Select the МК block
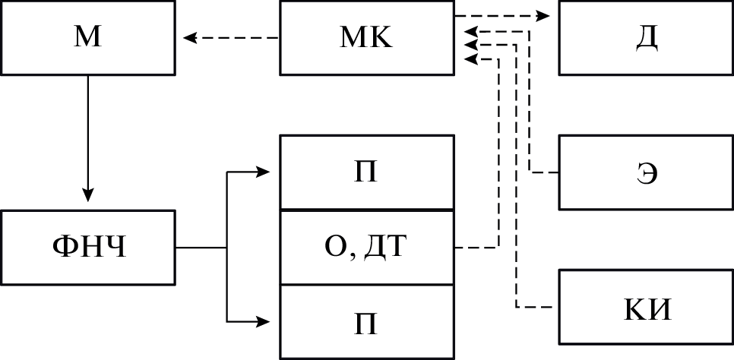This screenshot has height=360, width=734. (x=367, y=38)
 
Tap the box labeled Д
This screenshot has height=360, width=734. (x=646, y=38)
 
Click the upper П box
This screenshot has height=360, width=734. (x=367, y=172)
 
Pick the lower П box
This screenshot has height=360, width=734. (x=367, y=321)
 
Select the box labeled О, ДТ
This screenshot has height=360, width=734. (x=367, y=248)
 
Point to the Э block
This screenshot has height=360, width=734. (x=646, y=172)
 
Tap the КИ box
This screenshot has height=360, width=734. (x=646, y=310)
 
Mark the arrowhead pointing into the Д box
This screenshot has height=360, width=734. (x=545, y=15)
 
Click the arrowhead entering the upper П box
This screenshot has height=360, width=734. (x=264, y=172)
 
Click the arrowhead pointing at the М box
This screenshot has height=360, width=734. (x=188, y=36)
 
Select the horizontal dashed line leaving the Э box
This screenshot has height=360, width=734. (x=544, y=172)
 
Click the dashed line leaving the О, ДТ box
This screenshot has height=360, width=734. (x=476, y=248)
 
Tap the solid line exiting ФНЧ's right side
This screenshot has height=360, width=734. (x=201, y=248)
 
